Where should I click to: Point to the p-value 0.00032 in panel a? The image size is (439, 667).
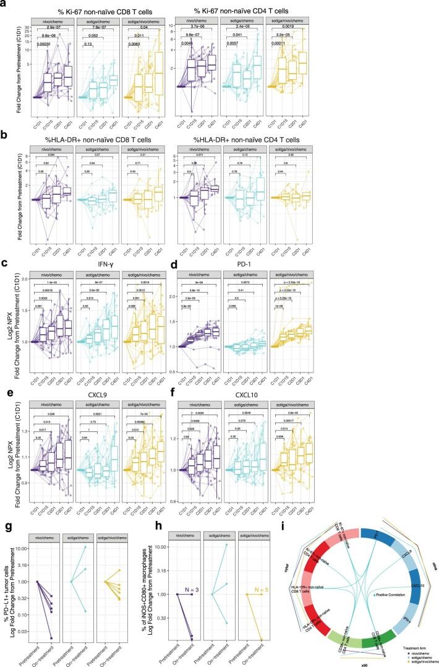45,45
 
